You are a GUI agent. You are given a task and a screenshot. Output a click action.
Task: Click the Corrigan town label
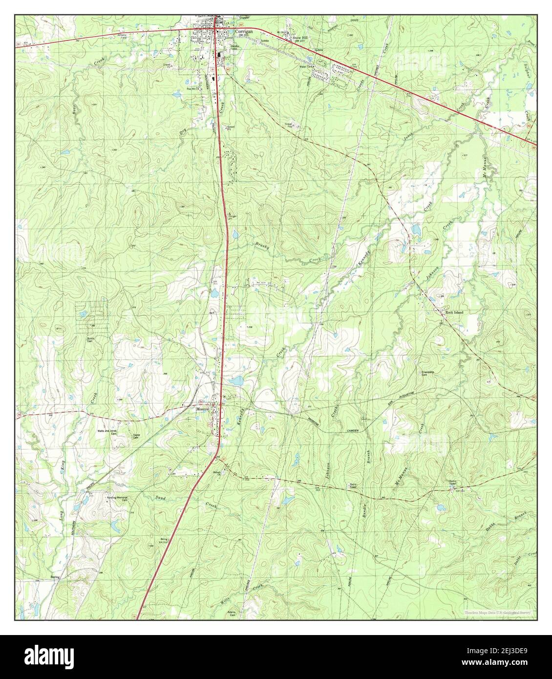244,31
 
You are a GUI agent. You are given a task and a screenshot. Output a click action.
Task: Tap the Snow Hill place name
299,37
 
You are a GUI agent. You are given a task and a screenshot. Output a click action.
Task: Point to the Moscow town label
202,408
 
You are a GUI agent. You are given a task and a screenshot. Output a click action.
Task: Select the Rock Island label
454,312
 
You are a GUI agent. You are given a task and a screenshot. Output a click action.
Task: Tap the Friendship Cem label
428,373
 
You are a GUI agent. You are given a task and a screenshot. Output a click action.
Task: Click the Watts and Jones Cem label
107,431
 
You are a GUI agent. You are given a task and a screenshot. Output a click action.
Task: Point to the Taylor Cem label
136,436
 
